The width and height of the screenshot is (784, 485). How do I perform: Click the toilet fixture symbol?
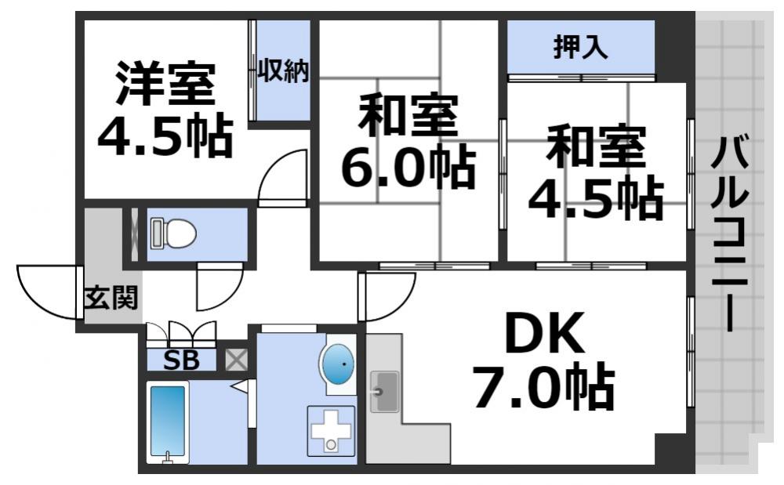tap(172, 233)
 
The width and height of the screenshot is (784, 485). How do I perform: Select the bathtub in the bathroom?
tap(167, 424)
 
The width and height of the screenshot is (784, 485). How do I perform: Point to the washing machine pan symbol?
tap(330, 430)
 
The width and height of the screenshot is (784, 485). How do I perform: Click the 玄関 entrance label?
tap(111, 298)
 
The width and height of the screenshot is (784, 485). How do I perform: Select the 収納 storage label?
tap(283, 71)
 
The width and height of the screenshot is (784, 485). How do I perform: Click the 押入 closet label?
tap(580, 49)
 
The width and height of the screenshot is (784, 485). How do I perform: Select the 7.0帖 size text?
tap(543, 388)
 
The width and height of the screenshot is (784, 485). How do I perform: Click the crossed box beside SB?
tap(236, 360)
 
